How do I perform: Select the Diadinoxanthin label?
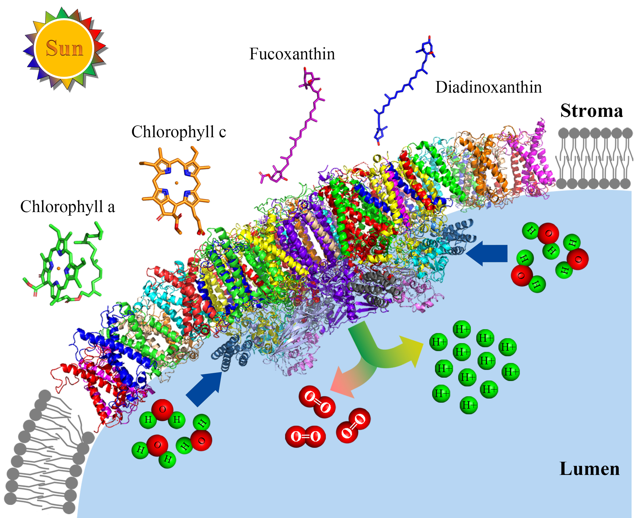pos(488,87)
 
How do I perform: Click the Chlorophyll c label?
pos(179,132)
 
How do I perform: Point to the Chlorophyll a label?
pos(67,206)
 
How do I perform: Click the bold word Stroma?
pos(591,111)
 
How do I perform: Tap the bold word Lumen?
pos(589,469)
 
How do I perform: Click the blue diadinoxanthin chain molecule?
pos(403,90)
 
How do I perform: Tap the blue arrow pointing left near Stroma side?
pos(488,253)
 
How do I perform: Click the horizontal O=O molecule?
pos(305,436)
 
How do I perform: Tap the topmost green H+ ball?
pos(462,329)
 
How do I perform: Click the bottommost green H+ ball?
pos(469,405)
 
